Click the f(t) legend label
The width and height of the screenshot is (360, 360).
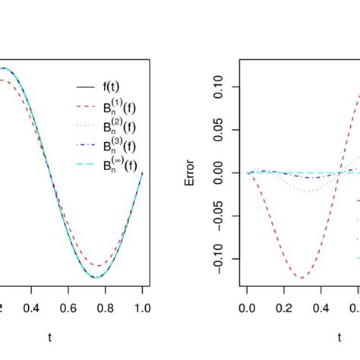122,85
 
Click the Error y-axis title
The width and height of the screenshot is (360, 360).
191,172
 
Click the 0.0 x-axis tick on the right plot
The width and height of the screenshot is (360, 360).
246,309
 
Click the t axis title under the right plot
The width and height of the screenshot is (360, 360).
339,337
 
